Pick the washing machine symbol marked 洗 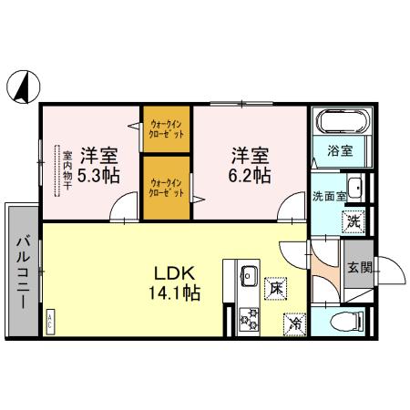point(352,219)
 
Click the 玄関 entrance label point(359,267)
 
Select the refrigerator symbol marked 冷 point(294,322)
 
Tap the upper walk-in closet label point(166,128)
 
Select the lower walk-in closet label point(166,186)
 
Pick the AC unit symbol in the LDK point(49,320)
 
